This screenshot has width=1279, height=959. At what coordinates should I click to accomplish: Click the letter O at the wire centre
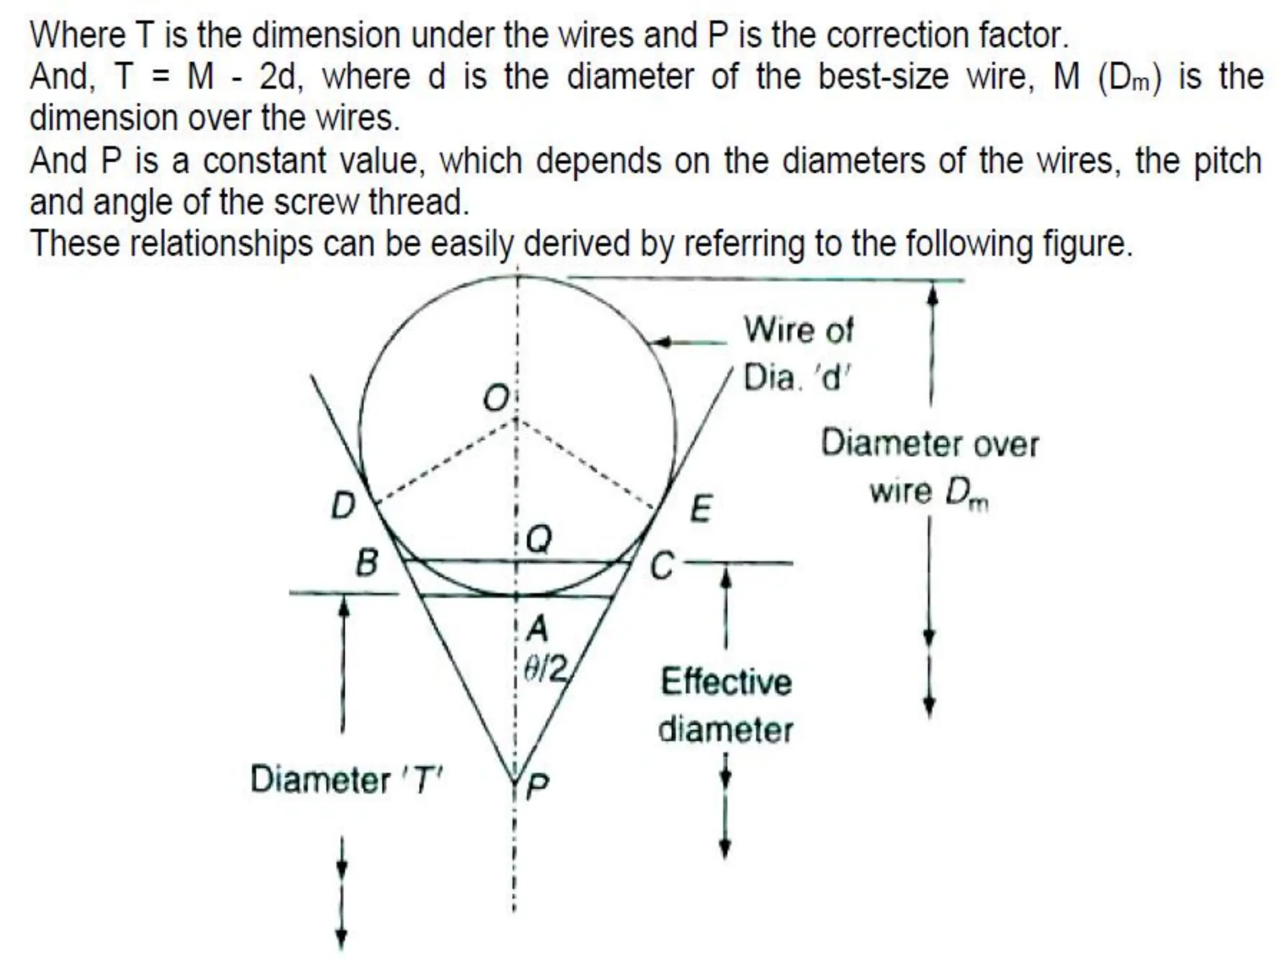(496, 398)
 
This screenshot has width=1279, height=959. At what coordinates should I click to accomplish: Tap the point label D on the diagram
(342, 505)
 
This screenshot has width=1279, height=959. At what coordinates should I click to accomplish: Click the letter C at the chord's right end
(662, 567)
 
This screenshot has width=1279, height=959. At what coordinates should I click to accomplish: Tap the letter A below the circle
(536, 628)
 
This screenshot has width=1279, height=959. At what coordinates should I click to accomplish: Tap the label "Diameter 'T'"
(345, 780)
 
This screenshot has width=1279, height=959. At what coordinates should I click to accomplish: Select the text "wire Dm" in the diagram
(929, 493)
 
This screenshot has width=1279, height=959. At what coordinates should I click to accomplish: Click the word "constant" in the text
(264, 161)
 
